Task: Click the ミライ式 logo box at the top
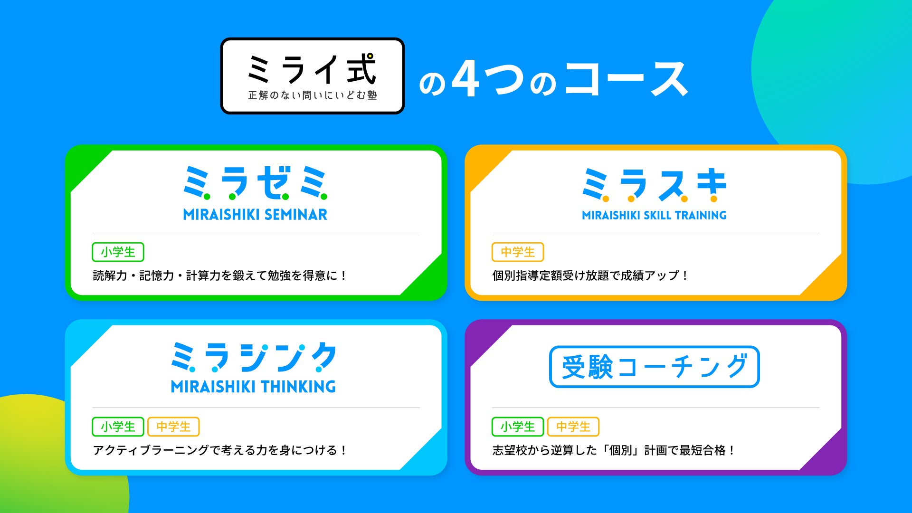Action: click(x=313, y=76)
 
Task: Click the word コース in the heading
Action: click(x=627, y=79)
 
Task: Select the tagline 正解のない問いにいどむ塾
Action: click(x=313, y=95)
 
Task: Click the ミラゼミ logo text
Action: click(x=256, y=183)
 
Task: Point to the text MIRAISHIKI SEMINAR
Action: click(x=256, y=215)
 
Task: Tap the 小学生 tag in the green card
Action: click(x=118, y=252)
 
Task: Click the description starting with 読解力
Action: click(x=219, y=275)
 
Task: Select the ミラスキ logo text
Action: click(x=655, y=185)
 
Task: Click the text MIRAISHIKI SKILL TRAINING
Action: click(x=655, y=215)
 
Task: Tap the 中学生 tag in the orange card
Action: click(x=518, y=252)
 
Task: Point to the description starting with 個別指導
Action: click(x=590, y=275)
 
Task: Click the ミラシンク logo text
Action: click(x=254, y=357)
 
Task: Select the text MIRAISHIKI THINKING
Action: click(x=254, y=387)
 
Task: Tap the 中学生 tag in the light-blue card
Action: click(x=173, y=427)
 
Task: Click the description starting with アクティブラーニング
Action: click(x=219, y=450)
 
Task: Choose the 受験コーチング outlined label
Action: click(x=655, y=367)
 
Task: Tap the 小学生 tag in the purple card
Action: click(x=518, y=427)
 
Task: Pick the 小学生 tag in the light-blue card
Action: click(x=118, y=427)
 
